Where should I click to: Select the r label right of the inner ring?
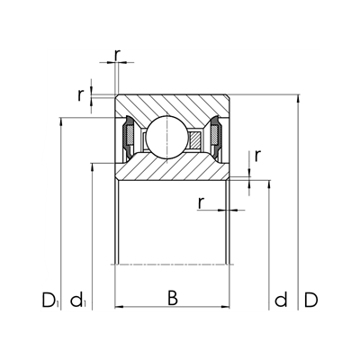[x=257, y=155]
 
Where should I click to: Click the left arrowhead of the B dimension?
[x=119, y=307]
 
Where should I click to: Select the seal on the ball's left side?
[x=129, y=138]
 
